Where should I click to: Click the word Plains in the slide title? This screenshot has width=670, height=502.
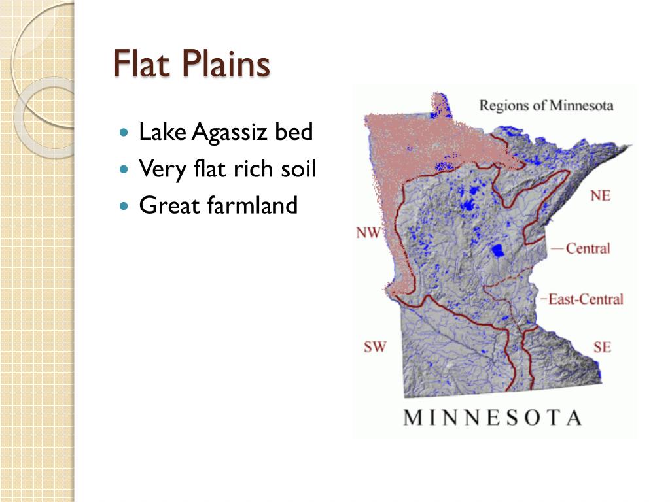coord(226,66)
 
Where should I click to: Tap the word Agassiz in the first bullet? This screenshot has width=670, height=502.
coord(229,133)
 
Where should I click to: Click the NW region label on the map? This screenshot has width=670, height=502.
coord(368,232)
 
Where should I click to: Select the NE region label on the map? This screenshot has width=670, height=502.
coord(600,195)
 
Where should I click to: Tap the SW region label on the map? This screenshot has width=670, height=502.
coord(375,346)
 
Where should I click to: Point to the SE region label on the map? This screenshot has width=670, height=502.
coord(602,346)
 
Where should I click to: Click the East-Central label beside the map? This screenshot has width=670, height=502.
coord(585,299)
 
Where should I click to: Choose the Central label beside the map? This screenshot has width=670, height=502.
coord(588,248)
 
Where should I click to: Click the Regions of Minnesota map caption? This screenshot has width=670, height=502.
coord(546,105)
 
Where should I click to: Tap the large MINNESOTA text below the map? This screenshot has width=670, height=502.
coord(493,417)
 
